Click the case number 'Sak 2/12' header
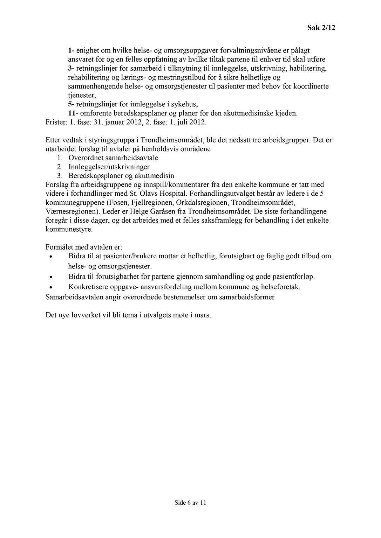click(321, 28)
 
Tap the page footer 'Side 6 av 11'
click(190, 503)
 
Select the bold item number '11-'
click(73, 113)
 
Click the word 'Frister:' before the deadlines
click(56, 123)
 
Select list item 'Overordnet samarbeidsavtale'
click(113, 158)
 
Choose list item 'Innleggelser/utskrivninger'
click(109, 167)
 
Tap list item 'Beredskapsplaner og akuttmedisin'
click(121, 176)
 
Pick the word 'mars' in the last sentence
click(203, 315)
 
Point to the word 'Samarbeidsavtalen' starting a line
click(72, 297)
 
